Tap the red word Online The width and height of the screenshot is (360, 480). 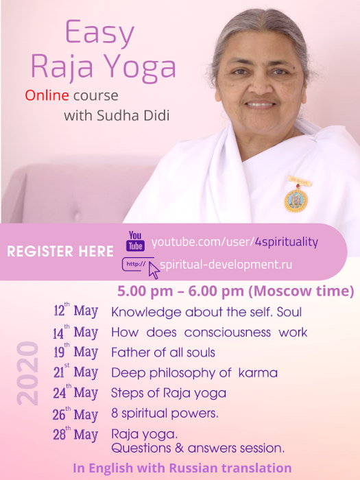pos(47,95)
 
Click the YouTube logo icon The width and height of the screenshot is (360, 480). pos(135,241)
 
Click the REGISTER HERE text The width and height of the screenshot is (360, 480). pos(60,252)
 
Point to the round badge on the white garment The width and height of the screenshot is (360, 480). pos(296,200)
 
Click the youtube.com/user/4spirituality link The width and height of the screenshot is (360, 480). pos(235,242)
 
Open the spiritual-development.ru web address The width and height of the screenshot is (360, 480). pos(226,265)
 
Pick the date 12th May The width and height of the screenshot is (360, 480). pos(75,311)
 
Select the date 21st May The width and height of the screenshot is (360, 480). pos(75,372)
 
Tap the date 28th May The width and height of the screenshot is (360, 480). pos(75,434)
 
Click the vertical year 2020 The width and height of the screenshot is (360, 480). pos(28,374)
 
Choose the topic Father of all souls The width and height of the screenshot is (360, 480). pos(163,352)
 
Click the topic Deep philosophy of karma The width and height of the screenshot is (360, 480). pos(194,373)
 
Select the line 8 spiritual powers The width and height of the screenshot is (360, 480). pos(165,413)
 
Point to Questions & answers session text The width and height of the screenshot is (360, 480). pos(197,448)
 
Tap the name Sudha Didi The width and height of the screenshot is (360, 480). pos(133,116)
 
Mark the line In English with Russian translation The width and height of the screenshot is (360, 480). pos(182,468)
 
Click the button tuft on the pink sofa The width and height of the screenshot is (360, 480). pos(77,216)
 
